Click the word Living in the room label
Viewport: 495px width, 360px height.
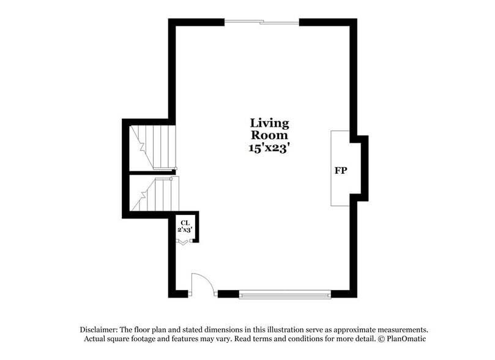pyautogui.click(x=269, y=124)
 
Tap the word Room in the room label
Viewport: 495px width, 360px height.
pyautogui.click(x=269, y=135)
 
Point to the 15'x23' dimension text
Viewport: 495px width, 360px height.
pyautogui.click(x=269, y=148)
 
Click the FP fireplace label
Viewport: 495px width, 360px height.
pyautogui.click(x=340, y=170)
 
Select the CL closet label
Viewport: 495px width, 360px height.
pyautogui.click(x=184, y=222)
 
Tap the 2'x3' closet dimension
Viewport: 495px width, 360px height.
pyautogui.click(x=185, y=230)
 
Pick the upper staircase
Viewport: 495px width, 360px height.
pyautogui.click(x=154, y=147)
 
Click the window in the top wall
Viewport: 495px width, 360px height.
pyautogui.click(x=262, y=23)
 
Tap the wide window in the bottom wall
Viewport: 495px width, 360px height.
pyautogui.click(x=285, y=294)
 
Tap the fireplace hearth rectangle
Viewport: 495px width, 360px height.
pyautogui.click(x=340, y=168)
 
